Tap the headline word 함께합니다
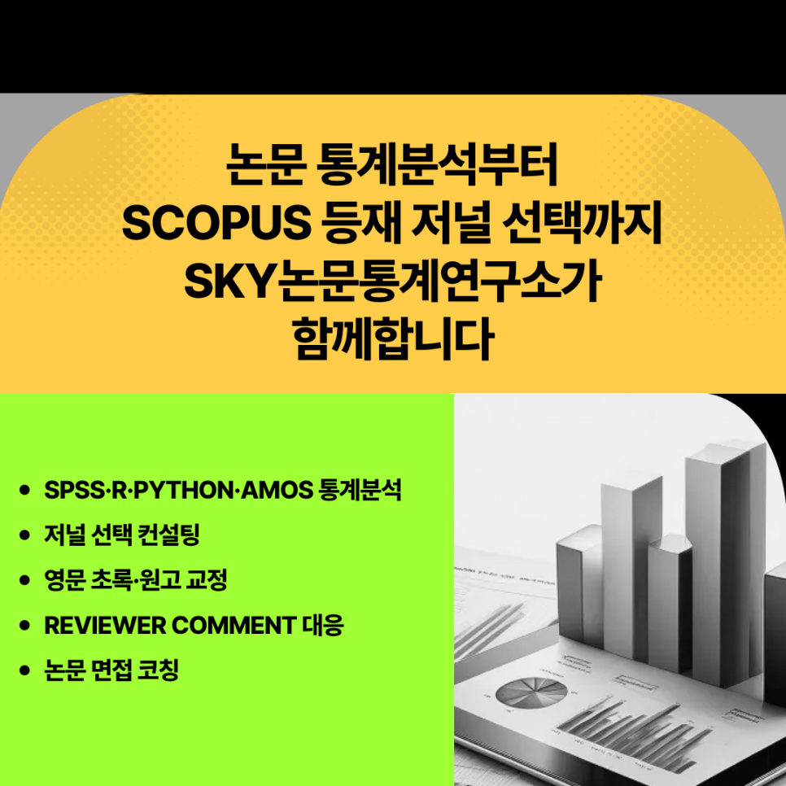coord(393,339)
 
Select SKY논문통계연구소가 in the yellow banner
coord(393,281)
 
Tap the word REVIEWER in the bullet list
coord(101,625)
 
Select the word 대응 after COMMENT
coord(323,625)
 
